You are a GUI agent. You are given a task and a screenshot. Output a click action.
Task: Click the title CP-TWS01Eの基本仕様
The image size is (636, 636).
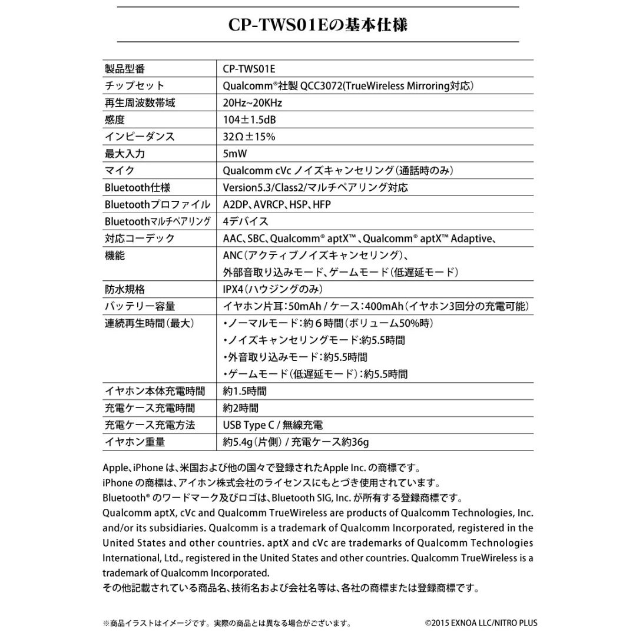[x=318, y=26]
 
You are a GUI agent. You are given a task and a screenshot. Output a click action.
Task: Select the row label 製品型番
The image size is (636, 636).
[x=125, y=69]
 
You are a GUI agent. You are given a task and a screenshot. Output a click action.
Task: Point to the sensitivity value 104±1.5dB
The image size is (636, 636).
[x=249, y=120]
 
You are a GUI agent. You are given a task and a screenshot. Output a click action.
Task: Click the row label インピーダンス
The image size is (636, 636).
[x=140, y=137]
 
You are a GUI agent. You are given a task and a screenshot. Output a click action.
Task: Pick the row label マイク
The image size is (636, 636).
[x=120, y=171]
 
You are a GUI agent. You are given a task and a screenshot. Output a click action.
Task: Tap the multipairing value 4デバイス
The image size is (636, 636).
[x=246, y=222]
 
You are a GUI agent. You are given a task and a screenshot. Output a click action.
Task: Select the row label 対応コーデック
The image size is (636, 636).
[x=140, y=238]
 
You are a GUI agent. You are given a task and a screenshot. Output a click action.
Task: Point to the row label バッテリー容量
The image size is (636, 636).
[x=140, y=306]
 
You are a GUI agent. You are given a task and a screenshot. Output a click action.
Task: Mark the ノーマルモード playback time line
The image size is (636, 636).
[x=328, y=323]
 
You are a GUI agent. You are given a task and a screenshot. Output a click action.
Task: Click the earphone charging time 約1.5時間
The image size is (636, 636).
[x=244, y=391]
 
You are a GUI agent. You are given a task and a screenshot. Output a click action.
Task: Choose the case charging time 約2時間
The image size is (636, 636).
[x=241, y=408]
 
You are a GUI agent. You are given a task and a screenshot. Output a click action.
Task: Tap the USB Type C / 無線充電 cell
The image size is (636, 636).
[x=273, y=425]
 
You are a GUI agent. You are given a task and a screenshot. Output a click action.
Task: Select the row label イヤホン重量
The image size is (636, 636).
[x=135, y=442]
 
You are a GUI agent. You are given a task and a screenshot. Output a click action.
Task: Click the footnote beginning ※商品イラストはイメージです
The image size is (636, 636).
[x=227, y=623]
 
